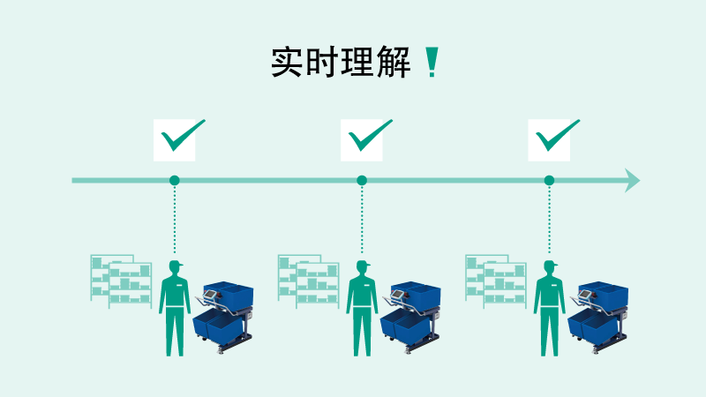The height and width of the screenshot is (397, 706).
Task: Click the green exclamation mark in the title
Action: point(432,62)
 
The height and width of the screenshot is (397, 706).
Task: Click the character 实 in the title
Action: point(286,62)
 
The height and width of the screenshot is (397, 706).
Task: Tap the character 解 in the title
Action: point(394,62)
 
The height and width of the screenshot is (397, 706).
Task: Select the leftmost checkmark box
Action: point(175,140)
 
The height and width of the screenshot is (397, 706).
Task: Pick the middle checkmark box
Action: point(362,140)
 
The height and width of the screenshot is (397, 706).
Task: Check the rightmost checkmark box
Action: point(549,140)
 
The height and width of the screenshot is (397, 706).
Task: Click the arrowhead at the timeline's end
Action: point(632,181)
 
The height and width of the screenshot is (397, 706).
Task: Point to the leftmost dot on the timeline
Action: point(175,181)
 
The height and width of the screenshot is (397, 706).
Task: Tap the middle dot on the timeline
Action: point(362,181)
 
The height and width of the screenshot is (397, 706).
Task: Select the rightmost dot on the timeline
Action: point(549,181)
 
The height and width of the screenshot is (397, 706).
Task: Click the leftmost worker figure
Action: point(175,309)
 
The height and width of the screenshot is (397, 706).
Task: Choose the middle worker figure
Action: point(362,309)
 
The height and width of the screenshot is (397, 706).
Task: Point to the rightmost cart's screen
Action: point(584,295)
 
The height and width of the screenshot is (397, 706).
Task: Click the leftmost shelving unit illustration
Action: point(121,281)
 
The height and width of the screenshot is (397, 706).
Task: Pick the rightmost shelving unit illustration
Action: point(496,281)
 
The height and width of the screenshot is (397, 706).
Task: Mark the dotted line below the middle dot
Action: point(362,220)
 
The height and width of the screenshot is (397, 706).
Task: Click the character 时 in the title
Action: point(322,62)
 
